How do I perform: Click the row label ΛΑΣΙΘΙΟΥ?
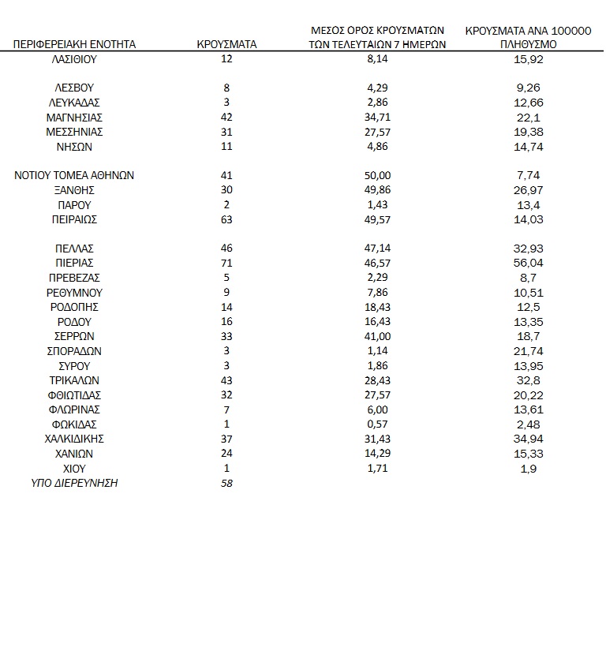(74, 59)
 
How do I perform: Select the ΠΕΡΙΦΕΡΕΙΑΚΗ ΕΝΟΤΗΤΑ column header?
(74, 44)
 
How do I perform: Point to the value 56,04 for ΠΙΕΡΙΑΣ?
(528, 263)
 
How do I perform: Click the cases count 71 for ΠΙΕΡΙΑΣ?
(226, 263)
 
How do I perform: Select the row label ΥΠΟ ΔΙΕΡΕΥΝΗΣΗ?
(74, 482)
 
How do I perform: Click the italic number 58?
(226, 482)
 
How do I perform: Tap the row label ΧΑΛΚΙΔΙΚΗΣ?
(74, 439)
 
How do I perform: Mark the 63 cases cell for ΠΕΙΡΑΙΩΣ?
(226, 219)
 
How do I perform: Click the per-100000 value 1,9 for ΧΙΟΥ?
(528, 468)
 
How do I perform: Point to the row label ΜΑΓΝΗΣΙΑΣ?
(74, 118)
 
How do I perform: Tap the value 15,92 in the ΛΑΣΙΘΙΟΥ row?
(528, 59)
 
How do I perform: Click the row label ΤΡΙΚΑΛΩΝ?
(74, 380)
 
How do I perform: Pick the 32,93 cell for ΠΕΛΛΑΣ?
(528, 249)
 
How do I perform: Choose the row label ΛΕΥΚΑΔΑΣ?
(74, 103)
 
